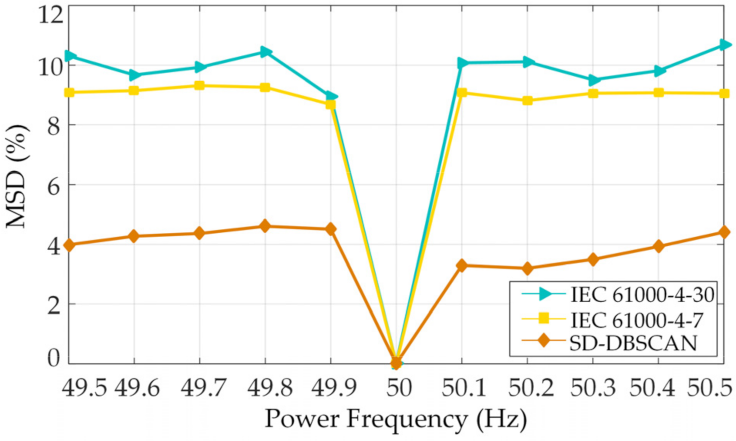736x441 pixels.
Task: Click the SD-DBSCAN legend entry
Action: click(x=633, y=343)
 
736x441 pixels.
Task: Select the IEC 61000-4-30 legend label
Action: click(x=643, y=294)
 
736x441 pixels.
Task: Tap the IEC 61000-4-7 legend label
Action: click(x=637, y=319)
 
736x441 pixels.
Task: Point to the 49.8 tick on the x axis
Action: click(x=270, y=388)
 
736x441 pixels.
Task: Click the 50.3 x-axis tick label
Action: click(x=593, y=388)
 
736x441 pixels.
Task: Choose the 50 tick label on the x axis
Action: click(x=399, y=388)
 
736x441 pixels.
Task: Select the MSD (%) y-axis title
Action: click(x=17, y=176)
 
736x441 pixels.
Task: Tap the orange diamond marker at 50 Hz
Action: click(x=396, y=362)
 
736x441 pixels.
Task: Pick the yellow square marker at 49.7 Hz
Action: click(x=199, y=86)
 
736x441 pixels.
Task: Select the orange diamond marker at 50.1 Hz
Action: click(x=462, y=265)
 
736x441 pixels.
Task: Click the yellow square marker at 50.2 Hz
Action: click(x=527, y=100)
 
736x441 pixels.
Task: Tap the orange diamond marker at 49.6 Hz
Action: click(x=134, y=236)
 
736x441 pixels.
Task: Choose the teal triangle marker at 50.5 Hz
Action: click(x=724, y=45)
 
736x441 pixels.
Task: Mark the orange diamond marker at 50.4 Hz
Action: click(x=659, y=246)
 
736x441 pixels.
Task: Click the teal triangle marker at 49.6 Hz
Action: click(x=134, y=75)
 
